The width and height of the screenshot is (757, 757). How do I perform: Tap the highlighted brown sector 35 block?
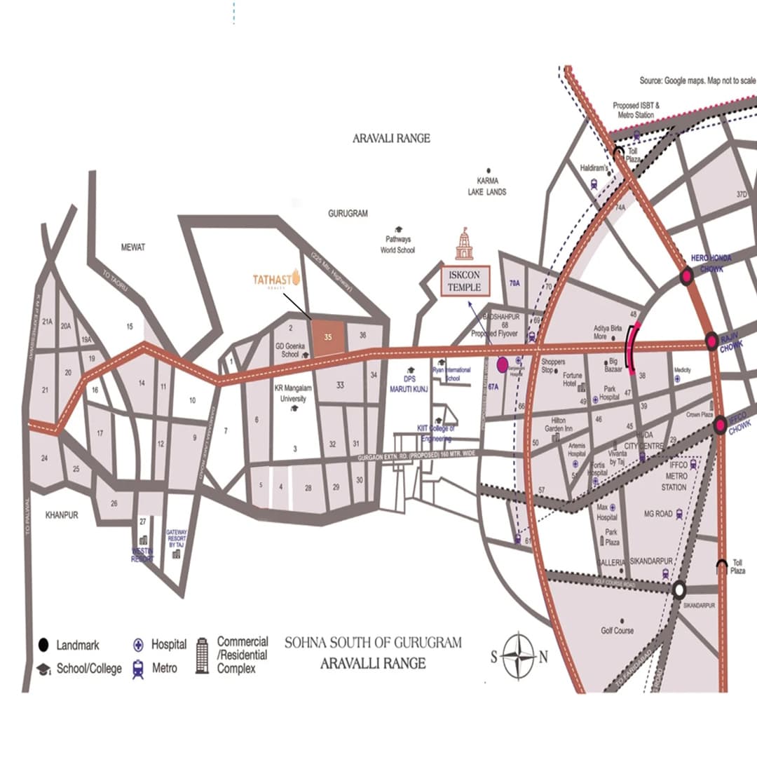tap(328, 337)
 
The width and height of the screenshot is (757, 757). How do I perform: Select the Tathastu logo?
tap(277, 279)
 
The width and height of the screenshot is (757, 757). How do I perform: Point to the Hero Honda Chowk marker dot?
tap(687, 276)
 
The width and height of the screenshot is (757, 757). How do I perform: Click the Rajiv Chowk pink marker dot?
tap(711, 341)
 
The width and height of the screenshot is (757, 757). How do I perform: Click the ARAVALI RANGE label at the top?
tap(391, 139)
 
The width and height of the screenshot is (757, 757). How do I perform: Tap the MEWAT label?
tap(133, 247)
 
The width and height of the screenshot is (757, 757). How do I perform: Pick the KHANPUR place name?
tap(62, 515)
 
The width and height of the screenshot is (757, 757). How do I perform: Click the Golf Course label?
tap(617, 631)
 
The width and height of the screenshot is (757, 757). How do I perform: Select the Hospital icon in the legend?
tap(138, 645)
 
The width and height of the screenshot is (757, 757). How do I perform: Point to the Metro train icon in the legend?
tap(138, 668)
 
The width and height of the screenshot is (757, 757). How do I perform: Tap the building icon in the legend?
tap(202, 655)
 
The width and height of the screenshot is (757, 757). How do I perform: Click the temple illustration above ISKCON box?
tap(464, 245)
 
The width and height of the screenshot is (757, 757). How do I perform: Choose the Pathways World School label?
tap(397, 245)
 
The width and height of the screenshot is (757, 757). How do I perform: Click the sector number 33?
tap(340, 385)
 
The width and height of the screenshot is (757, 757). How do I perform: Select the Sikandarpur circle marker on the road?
tap(678, 589)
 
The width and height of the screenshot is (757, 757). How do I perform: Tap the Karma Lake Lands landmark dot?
tap(488, 170)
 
